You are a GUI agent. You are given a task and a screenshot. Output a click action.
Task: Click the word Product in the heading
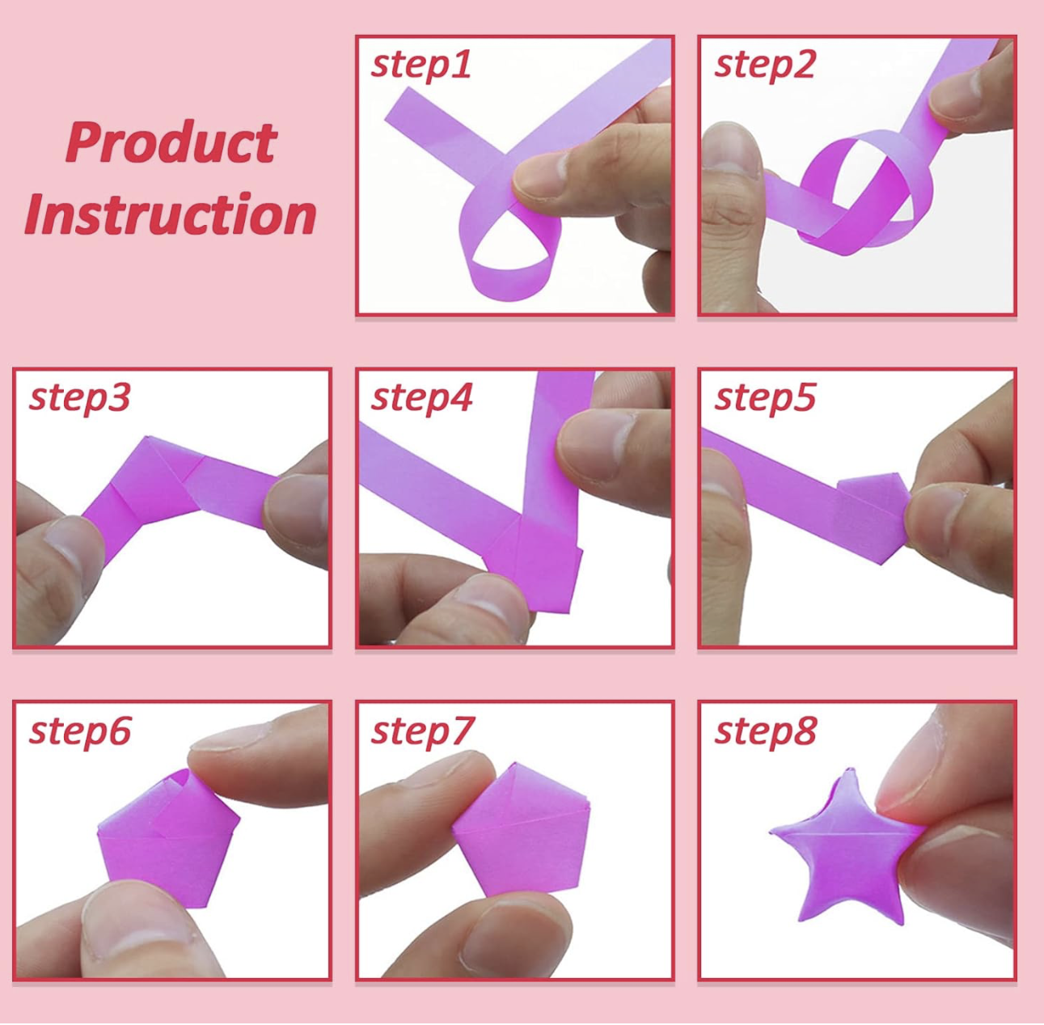click(x=171, y=142)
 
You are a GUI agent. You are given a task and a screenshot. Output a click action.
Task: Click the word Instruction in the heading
click(x=171, y=214)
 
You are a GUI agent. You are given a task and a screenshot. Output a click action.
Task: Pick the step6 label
click(x=79, y=732)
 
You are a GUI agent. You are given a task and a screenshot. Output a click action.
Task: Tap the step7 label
click(x=422, y=732)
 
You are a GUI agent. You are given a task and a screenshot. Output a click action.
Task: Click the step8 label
click(x=765, y=732)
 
